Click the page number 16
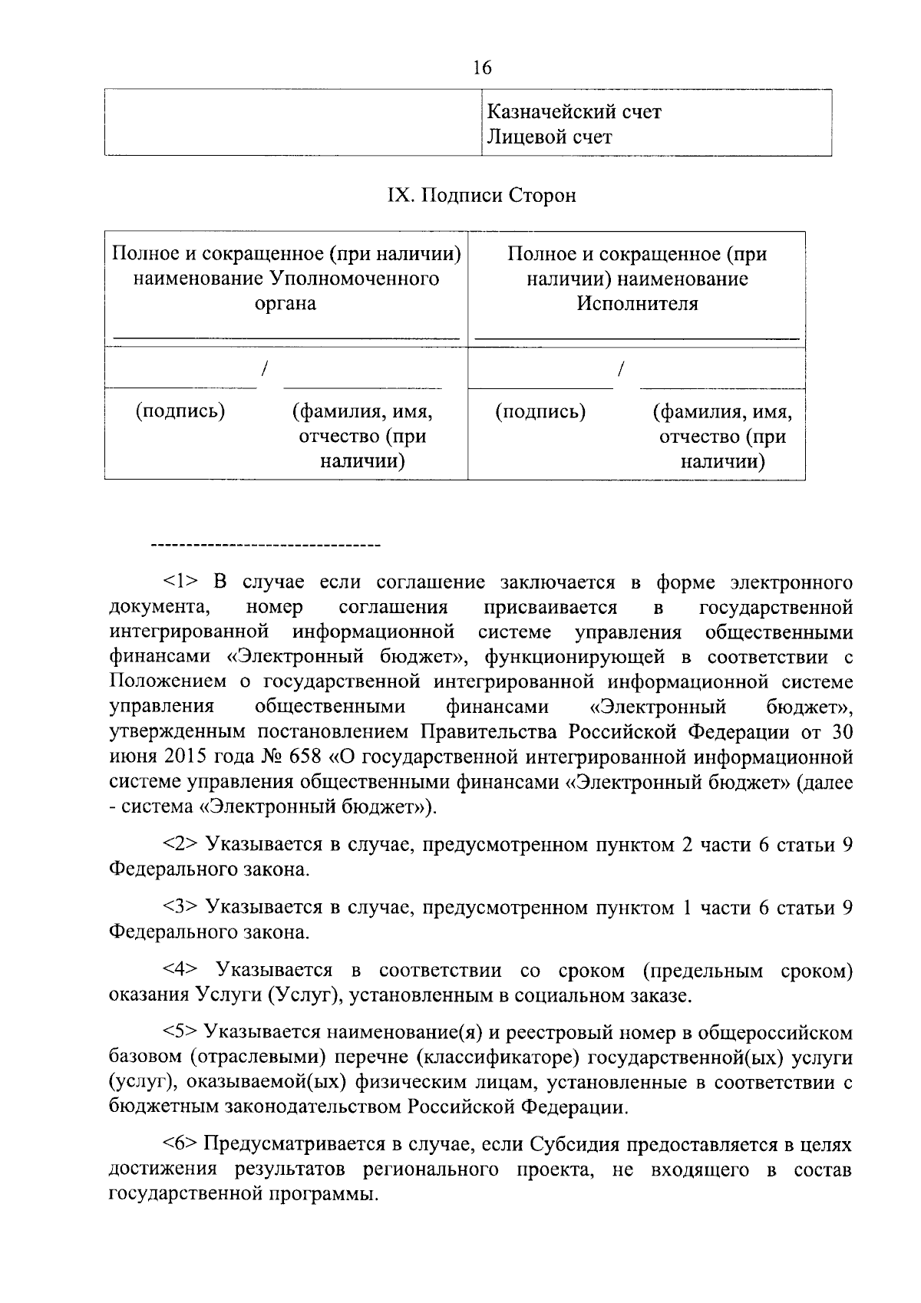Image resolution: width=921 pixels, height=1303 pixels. pyautogui.click(x=482, y=68)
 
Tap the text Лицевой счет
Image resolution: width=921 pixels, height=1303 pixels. pyautogui.click(x=550, y=137)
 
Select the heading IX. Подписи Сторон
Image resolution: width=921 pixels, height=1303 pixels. pyautogui.click(x=481, y=196)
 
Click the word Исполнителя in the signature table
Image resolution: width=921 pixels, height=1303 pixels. pyautogui.click(x=637, y=304)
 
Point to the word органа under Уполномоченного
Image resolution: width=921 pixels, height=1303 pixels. pyautogui.click(x=286, y=304)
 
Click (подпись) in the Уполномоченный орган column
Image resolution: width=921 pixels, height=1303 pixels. pyautogui.click(x=180, y=412)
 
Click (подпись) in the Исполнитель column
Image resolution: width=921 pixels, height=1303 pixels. pyautogui.click(x=540, y=412)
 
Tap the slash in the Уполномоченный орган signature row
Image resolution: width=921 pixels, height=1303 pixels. pyautogui.click(x=264, y=369)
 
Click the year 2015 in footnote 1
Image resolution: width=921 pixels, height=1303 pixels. pyautogui.click(x=183, y=757)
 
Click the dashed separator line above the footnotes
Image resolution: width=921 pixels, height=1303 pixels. pyautogui.click(x=266, y=546)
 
